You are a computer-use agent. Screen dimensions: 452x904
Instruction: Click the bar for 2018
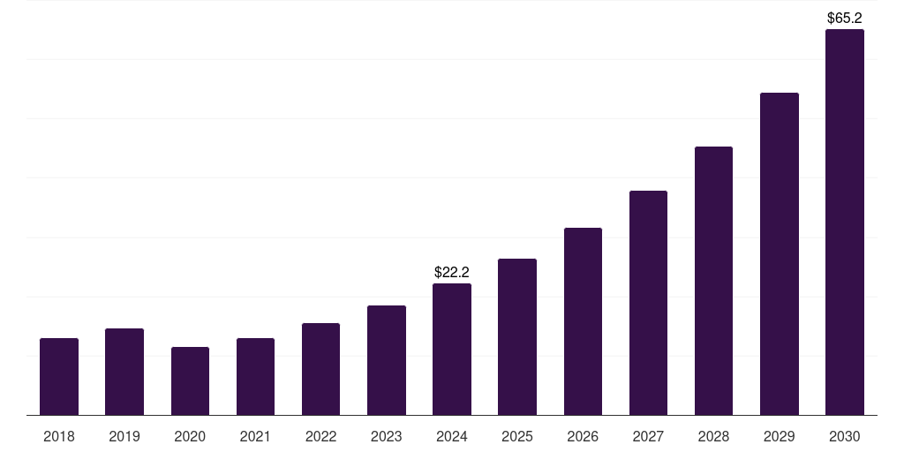pyautogui.click(x=59, y=377)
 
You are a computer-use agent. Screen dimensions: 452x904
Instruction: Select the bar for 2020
pyautogui.click(x=190, y=381)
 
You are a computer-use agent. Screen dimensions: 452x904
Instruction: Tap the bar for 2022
pyautogui.click(x=320, y=369)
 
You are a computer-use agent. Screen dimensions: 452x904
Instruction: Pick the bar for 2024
pyautogui.click(x=452, y=350)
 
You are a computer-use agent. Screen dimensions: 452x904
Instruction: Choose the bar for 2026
pyautogui.click(x=583, y=321)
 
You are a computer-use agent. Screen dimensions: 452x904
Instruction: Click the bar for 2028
pyautogui.click(x=713, y=281)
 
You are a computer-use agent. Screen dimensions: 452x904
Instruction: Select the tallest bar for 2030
pyautogui.click(x=845, y=222)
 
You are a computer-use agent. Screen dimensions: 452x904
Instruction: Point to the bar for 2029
pyautogui.click(x=780, y=254)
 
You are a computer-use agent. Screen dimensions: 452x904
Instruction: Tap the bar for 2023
pyautogui.click(x=387, y=360)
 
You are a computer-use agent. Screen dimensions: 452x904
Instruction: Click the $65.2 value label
pyautogui.click(x=845, y=18)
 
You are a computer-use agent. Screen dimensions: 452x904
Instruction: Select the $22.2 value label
pyautogui.click(x=452, y=273)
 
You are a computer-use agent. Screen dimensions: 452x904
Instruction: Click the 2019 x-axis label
pyautogui.click(x=124, y=436)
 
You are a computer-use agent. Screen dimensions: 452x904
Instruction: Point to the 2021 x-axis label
pyautogui.click(x=255, y=436)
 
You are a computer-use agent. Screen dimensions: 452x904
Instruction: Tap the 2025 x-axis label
pyautogui.click(x=517, y=436)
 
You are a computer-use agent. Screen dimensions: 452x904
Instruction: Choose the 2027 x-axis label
pyautogui.click(x=648, y=436)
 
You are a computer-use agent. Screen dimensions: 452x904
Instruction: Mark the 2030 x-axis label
pyautogui.click(x=845, y=436)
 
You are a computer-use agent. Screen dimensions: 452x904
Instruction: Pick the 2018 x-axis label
pyautogui.click(x=59, y=436)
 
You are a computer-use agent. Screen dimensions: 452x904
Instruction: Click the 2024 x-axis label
pyautogui.click(x=452, y=436)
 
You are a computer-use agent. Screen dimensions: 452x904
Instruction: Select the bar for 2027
pyautogui.click(x=648, y=303)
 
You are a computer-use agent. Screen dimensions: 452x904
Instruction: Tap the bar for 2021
pyautogui.click(x=255, y=377)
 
